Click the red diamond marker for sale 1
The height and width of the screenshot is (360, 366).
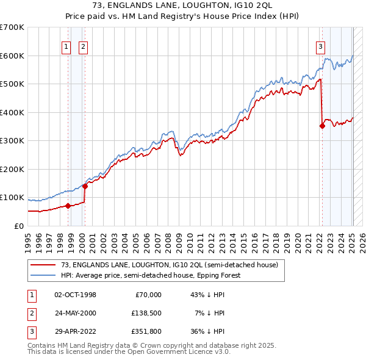coord(68,206)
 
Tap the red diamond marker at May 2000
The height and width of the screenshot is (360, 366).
coord(85,186)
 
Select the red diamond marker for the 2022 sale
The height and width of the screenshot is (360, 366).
coord(322,126)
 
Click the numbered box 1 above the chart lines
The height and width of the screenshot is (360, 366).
coord(66,48)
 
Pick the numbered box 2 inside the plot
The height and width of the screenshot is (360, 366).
coord(83,48)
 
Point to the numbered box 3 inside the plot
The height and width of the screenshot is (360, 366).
coord(320,48)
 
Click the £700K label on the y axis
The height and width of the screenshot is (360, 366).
coord(12,27)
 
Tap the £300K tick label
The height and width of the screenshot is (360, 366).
coord(12,141)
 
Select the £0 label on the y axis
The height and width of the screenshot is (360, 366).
coord(19,226)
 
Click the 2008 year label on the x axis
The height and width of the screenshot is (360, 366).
coord(168,243)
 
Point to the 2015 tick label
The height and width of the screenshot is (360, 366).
coord(243,243)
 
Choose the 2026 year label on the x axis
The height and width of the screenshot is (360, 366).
coord(362,243)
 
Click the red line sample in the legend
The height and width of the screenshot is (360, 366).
coord(43,265)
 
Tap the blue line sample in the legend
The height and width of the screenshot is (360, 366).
coord(43,275)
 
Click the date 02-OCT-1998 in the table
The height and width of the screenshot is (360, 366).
coord(75,295)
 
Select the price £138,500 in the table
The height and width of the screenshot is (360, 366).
coord(146,313)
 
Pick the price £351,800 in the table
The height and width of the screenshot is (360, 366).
coord(146,331)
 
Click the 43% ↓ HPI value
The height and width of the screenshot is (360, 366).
coord(207,295)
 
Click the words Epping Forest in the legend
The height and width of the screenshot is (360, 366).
coord(219,275)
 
